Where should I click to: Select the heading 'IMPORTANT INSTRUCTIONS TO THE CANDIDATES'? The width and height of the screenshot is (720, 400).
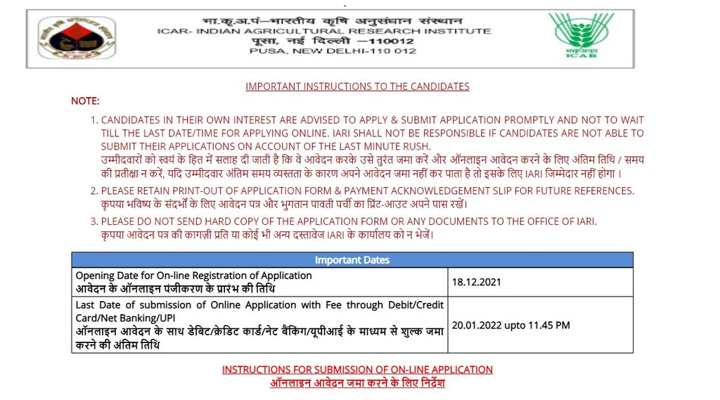357,86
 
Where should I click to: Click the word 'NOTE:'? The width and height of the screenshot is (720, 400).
85,101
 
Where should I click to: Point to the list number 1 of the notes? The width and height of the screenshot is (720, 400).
94,120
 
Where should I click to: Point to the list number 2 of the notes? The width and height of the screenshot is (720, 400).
94,191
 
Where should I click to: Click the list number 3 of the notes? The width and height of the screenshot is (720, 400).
94,221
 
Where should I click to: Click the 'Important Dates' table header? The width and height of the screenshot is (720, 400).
352,260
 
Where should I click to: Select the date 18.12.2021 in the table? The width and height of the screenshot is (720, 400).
477,282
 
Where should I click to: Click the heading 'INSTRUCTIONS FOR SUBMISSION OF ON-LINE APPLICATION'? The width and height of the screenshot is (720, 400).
357,369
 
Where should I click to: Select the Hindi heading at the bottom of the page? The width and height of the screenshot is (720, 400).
357,383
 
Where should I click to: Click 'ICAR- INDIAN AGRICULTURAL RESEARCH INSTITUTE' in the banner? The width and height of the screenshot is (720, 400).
324,31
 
